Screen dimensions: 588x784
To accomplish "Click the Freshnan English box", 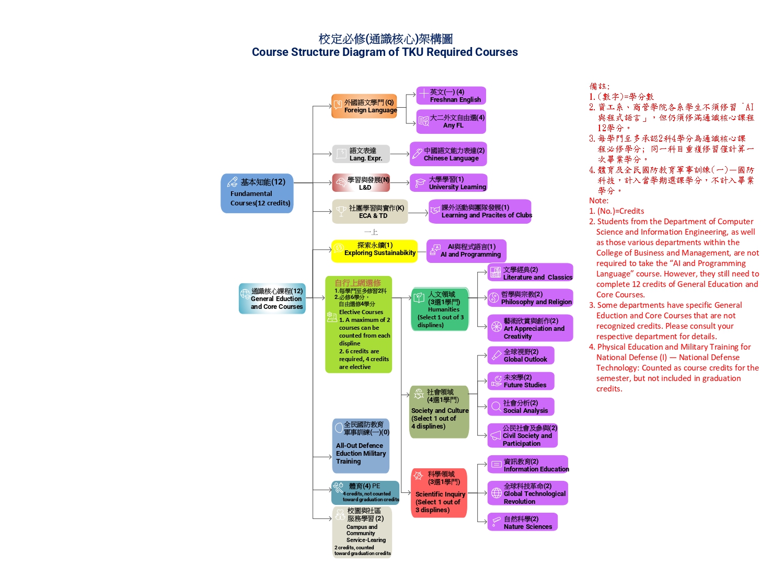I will (x=451, y=96).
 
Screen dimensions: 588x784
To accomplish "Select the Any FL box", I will (x=451, y=122).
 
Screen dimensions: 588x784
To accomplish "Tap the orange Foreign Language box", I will (x=364, y=106).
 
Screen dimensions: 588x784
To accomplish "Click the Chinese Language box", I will (x=448, y=154).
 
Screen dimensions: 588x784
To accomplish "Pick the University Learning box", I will (x=448, y=183).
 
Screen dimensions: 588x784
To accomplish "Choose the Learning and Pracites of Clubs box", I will (x=480, y=212).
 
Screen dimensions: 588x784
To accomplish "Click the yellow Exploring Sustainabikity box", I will (x=374, y=251).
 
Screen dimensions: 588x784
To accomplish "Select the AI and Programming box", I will (x=466, y=251).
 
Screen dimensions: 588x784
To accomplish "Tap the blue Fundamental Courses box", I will (x=257, y=193).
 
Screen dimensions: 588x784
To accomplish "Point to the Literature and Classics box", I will (x=530, y=273).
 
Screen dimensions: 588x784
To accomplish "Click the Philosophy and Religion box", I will (x=530, y=298).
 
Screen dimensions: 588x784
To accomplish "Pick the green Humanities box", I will (x=440, y=309).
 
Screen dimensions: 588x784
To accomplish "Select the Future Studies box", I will (x=521, y=381).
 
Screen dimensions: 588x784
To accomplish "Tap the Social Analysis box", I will (x=521, y=407).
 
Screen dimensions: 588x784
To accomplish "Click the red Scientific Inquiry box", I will (x=439, y=493).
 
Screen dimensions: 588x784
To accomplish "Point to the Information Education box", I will (x=528, y=465).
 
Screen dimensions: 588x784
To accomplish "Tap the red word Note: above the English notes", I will (x=598, y=201).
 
